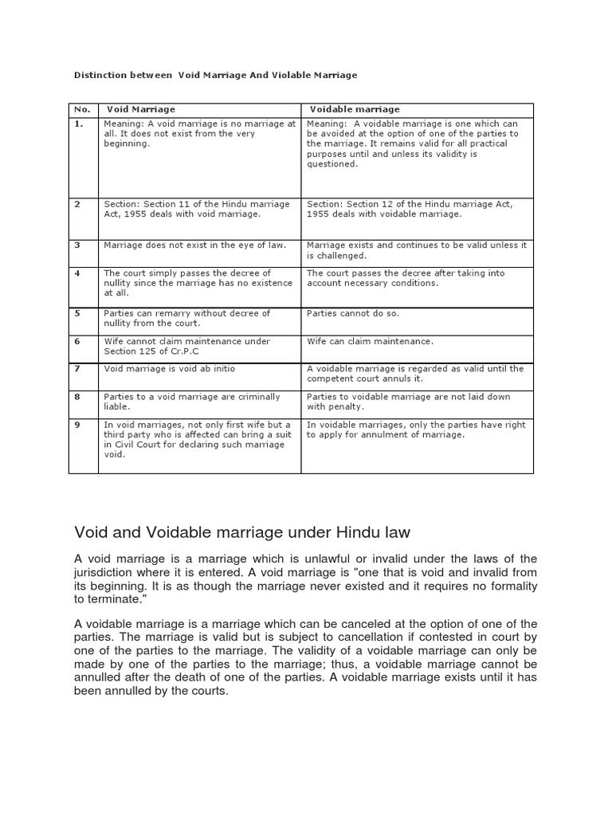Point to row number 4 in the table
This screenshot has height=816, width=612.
click(x=77, y=273)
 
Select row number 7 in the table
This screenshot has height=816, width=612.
click(x=77, y=369)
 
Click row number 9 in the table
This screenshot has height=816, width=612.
click(x=77, y=425)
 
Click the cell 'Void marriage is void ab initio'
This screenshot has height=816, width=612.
click(x=169, y=369)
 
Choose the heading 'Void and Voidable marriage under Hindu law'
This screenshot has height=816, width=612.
click(x=253, y=531)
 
